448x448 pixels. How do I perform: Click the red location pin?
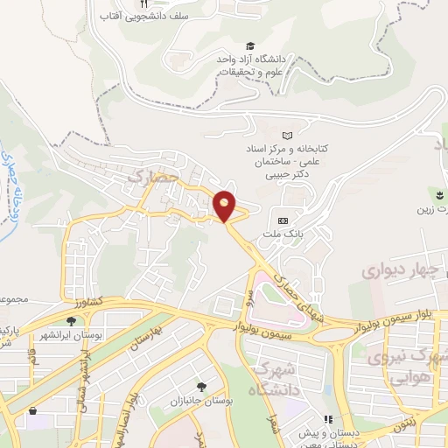point(225,206)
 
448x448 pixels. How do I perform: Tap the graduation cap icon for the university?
point(250,45)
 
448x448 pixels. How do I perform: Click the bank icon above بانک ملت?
point(283,220)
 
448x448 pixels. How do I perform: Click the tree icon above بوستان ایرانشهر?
point(69,322)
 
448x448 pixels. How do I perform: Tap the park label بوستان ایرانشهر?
point(69,336)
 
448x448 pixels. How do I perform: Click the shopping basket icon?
point(33,410)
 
